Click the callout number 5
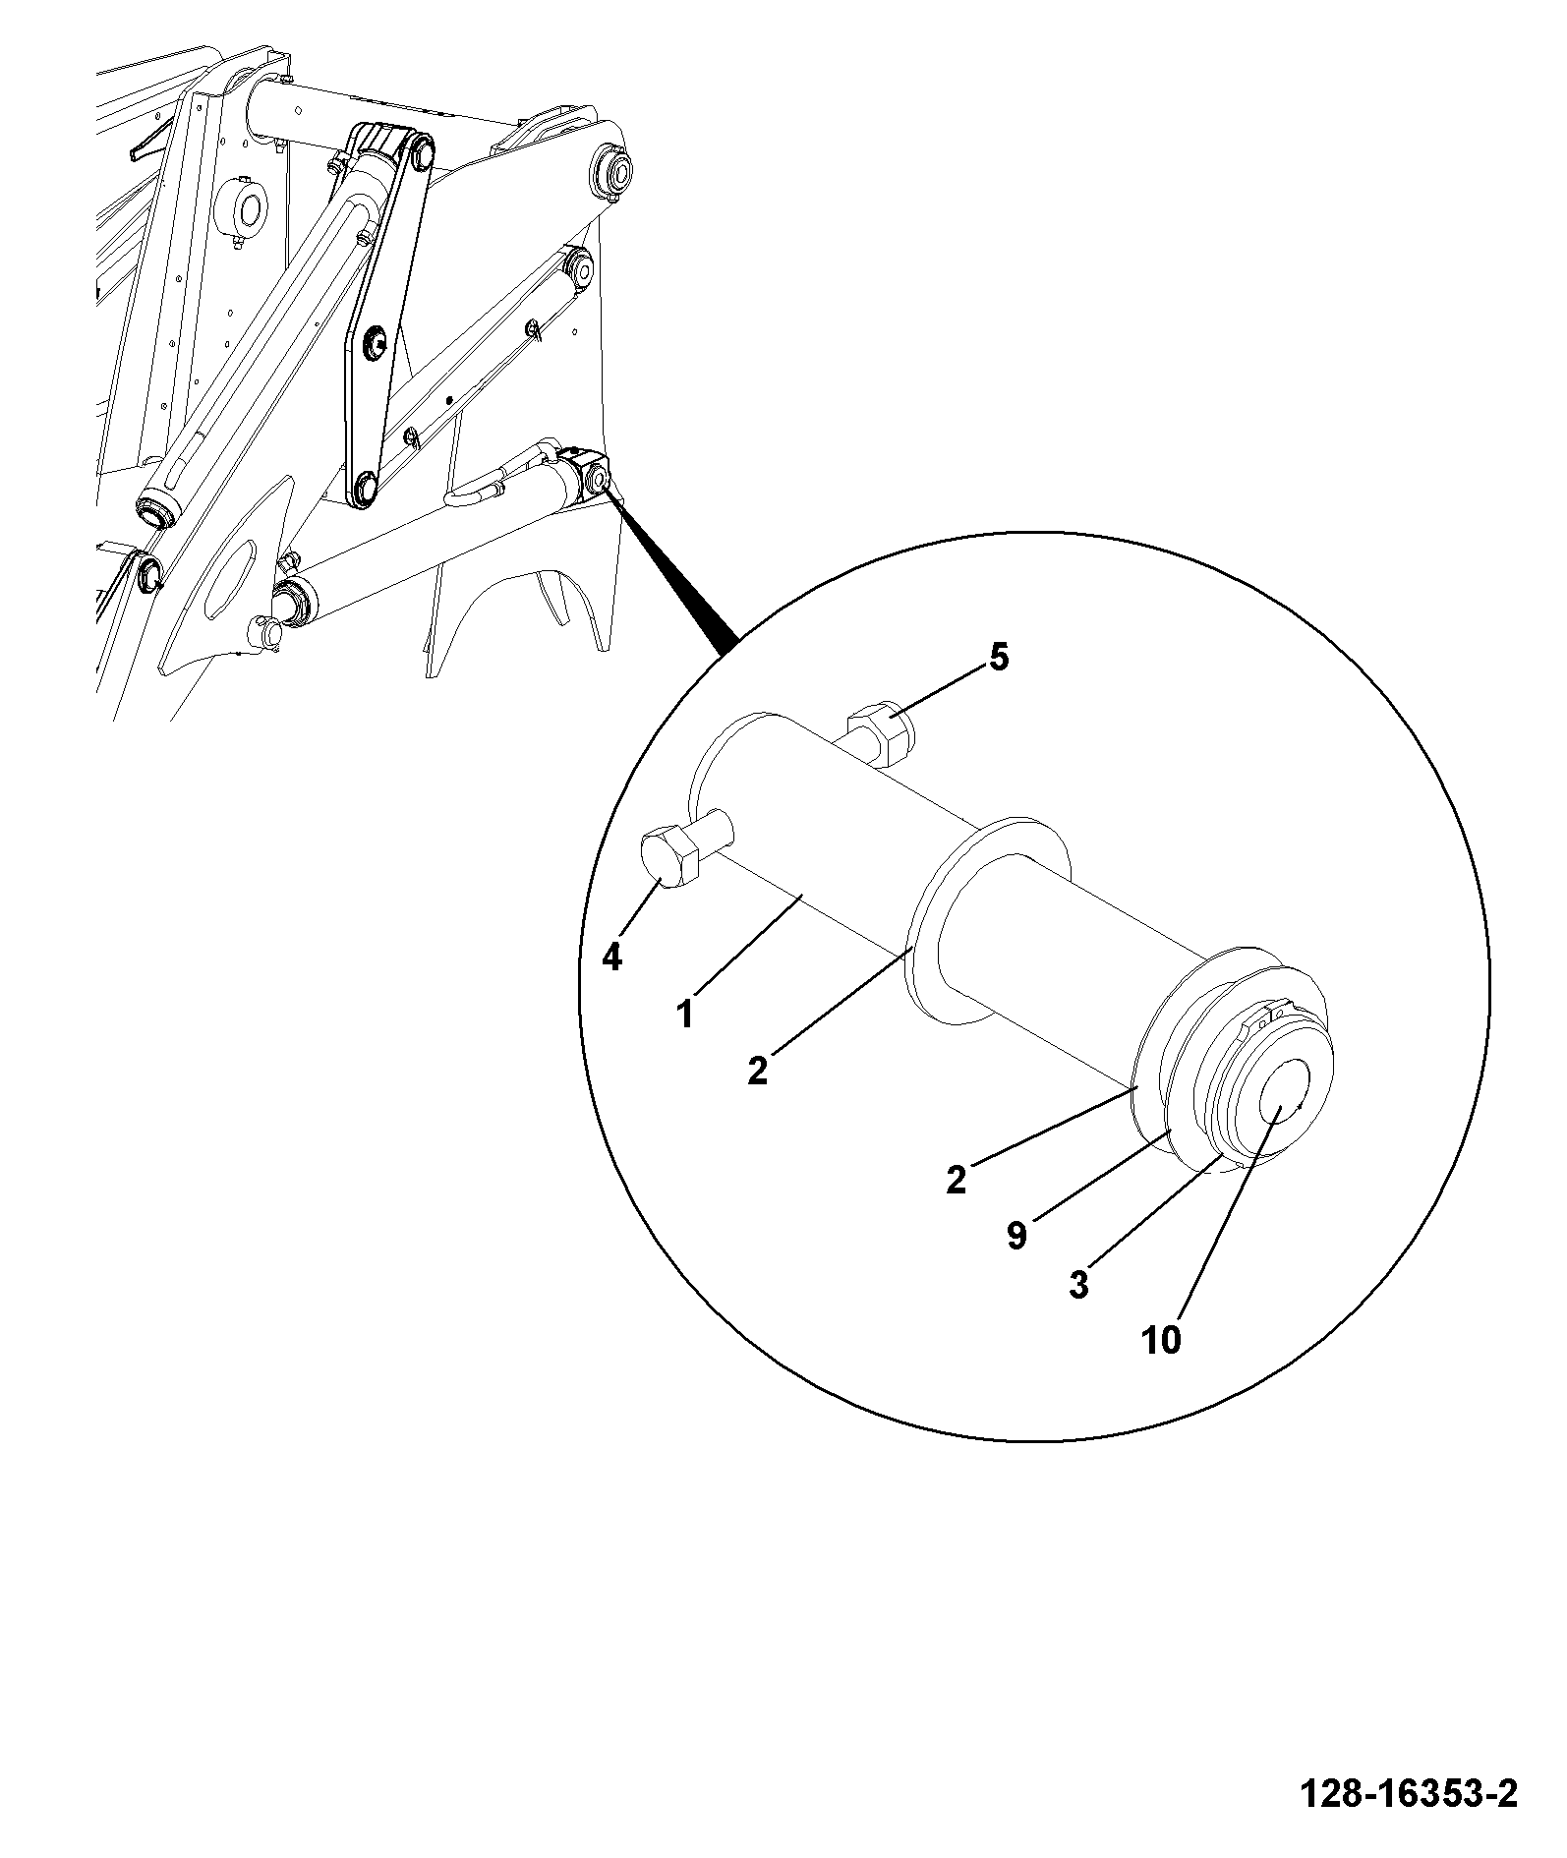tap(998, 658)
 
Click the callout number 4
tap(611, 957)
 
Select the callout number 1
tap(685, 1014)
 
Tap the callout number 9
tap(1016, 1236)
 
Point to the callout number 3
tap(1079, 1285)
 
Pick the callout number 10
tap(1161, 1339)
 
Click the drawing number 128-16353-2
tap(1409, 1795)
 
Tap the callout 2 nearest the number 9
tap(957, 1179)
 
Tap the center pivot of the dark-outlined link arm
tap(375, 342)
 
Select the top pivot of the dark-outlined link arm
tap(423, 152)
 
